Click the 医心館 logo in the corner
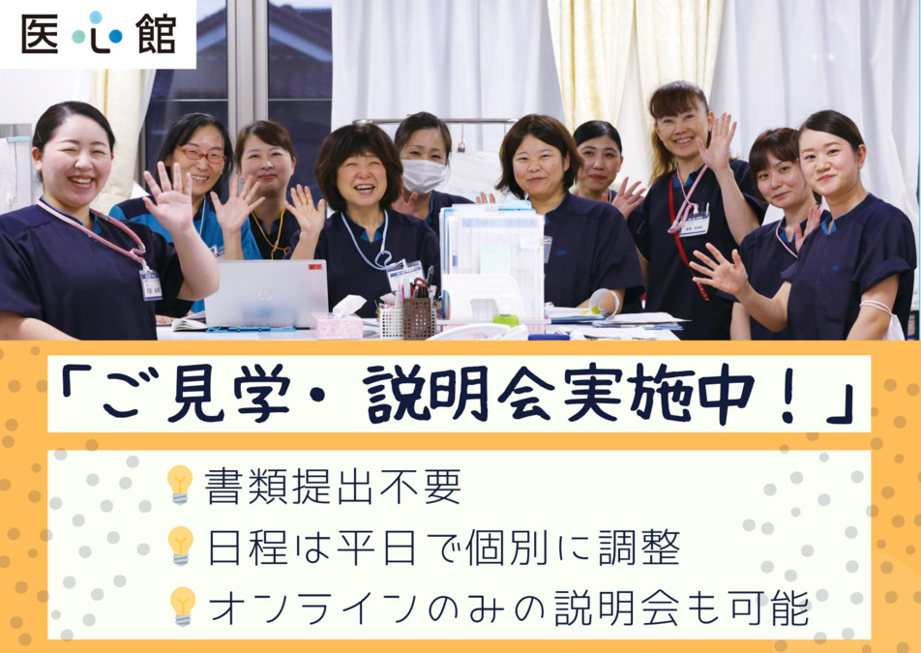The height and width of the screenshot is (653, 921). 98,34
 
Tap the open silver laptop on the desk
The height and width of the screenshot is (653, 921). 266,293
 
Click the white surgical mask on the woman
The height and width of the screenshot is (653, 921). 424,175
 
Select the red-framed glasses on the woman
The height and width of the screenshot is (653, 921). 203,155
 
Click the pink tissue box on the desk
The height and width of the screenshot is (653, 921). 339,322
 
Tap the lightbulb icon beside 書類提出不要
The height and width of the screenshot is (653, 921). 180,484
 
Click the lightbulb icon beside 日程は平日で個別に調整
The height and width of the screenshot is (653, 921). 180,545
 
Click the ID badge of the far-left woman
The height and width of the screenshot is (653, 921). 150,284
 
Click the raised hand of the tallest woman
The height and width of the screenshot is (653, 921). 718,142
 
